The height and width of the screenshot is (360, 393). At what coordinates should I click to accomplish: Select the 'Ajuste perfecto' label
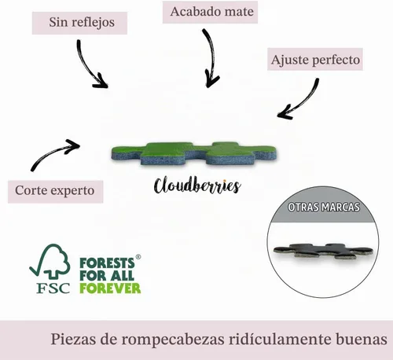(x=315, y=60)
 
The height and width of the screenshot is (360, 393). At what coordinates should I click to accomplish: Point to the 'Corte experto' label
(x=55, y=191)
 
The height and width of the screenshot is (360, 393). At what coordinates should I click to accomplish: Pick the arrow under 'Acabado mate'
(x=211, y=55)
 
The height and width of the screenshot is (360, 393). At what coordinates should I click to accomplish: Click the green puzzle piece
(x=194, y=154)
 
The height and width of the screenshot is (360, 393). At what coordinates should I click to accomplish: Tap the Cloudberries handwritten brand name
(x=197, y=186)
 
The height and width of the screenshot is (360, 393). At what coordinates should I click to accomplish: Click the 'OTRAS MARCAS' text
(x=324, y=208)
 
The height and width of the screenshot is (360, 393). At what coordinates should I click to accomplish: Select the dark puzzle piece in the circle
(x=324, y=251)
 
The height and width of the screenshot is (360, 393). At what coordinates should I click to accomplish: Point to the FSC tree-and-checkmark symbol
(x=50, y=261)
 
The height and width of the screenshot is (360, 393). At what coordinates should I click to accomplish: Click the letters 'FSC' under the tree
(x=53, y=288)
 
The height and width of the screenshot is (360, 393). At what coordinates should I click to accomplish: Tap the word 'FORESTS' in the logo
(x=107, y=263)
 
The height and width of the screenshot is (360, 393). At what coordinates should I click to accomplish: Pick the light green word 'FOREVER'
(x=110, y=288)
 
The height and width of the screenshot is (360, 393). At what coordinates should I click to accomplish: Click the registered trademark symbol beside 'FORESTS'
(x=138, y=257)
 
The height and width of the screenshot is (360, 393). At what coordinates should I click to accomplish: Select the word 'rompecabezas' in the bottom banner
(x=173, y=340)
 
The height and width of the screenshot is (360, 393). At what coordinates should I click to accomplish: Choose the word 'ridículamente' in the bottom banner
(x=279, y=339)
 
